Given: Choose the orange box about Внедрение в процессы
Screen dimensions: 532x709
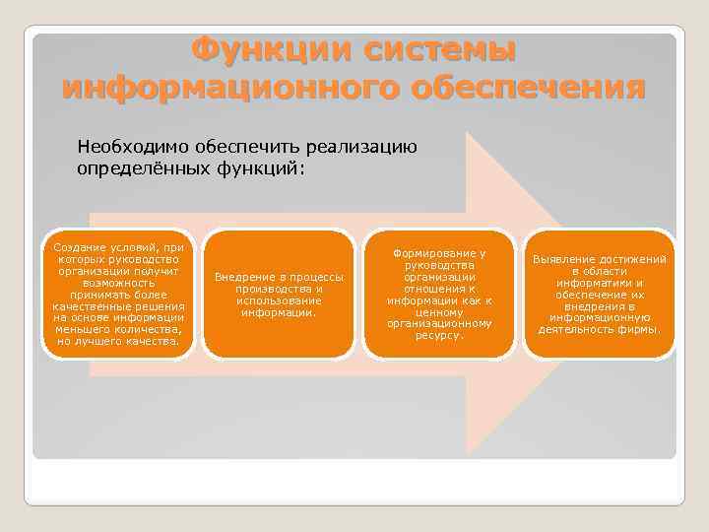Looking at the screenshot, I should [279, 294].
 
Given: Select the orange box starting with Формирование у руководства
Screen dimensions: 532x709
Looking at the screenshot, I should [439, 294].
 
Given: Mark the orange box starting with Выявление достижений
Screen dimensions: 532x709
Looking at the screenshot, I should [600, 294].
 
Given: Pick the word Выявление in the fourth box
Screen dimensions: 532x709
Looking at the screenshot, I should [564, 259].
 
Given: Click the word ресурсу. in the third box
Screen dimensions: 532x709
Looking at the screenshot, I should [439, 335].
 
